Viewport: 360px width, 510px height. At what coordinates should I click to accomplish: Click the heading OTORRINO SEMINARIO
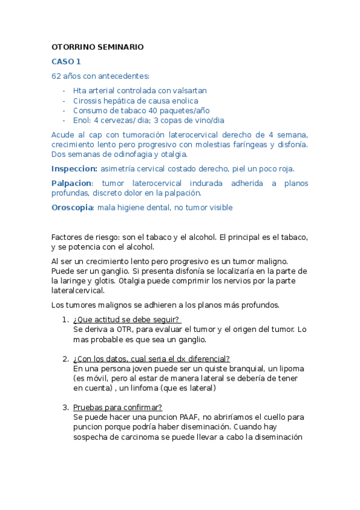[97, 47]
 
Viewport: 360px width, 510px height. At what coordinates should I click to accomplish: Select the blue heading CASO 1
[66, 61]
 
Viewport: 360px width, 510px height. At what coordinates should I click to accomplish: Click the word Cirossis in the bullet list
[88, 100]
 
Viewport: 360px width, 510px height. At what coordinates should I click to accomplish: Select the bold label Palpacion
[72, 183]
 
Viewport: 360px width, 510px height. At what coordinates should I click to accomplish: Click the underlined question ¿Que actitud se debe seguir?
[127, 319]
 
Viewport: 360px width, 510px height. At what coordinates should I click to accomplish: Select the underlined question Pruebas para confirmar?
[114, 407]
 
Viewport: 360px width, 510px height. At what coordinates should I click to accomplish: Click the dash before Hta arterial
[64, 90]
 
